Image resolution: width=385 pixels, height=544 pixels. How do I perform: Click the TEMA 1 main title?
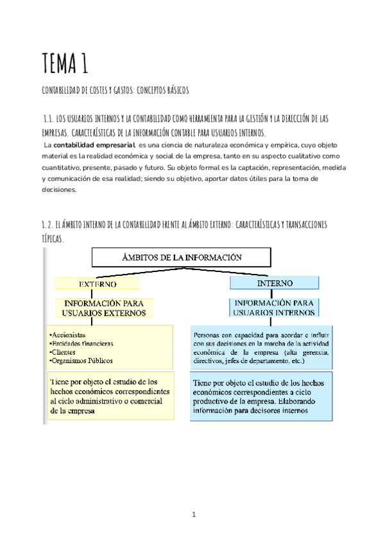(64, 64)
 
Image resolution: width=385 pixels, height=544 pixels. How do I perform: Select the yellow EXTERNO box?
(97, 283)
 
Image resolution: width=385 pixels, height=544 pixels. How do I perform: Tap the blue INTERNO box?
(275, 282)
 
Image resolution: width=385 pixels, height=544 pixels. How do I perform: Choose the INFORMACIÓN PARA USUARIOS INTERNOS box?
(275, 307)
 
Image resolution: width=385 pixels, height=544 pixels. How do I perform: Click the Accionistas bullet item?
(69, 334)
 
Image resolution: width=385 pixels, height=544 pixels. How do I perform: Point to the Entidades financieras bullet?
(81, 343)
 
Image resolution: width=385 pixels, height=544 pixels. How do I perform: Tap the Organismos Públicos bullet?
(79, 361)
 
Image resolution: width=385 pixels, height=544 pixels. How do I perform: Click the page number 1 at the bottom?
(193, 514)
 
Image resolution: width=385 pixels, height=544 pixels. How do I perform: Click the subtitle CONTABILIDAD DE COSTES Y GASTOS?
(115, 91)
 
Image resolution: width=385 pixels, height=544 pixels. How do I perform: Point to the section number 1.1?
(46, 119)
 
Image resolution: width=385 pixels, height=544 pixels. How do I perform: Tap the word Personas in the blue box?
(207, 334)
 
